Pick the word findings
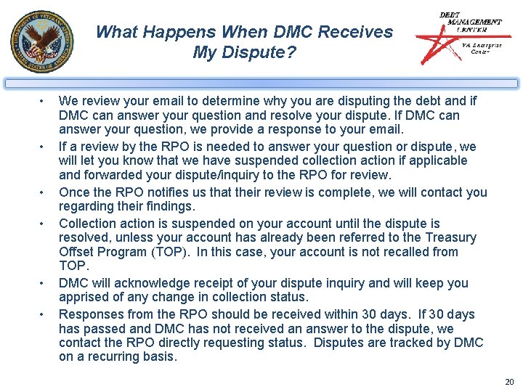pyautogui.click(x=172, y=206)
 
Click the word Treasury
pyautogui.click(x=450, y=237)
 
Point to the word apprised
pyautogui.click(x=82, y=297)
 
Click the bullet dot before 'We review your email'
pyautogui.click(x=44, y=101)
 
